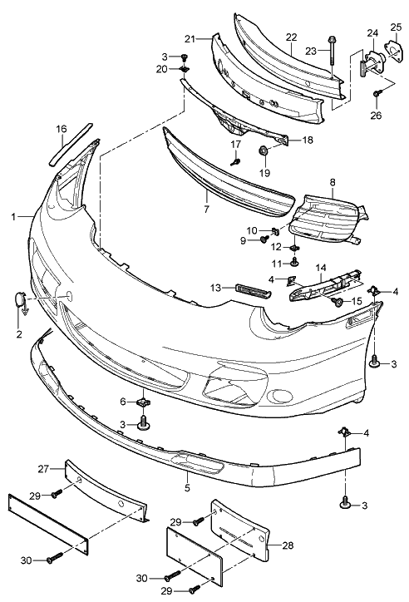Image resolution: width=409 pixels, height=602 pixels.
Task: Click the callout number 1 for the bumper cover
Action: [x=13, y=217]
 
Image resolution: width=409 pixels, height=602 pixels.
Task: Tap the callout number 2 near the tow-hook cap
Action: [x=19, y=334]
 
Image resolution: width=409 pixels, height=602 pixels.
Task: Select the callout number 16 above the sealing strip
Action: [x=62, y=129]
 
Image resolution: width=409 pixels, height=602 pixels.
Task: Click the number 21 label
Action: [x=190, y=39]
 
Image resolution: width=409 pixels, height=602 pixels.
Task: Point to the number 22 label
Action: [x=292, y=37]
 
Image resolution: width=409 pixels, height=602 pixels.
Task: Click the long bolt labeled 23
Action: [x=331, y=52]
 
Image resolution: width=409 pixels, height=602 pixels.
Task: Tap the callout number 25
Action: [x=396, y=27]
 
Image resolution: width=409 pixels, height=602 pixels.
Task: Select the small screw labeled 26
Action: [x=377, y=93]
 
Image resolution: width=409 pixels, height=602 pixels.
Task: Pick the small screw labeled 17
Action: [x=235, y=161]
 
